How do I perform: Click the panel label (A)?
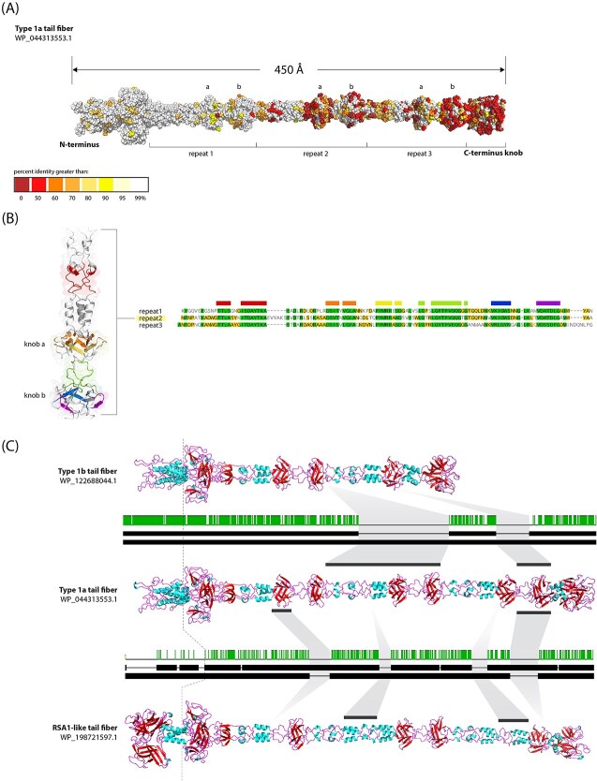12,9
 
